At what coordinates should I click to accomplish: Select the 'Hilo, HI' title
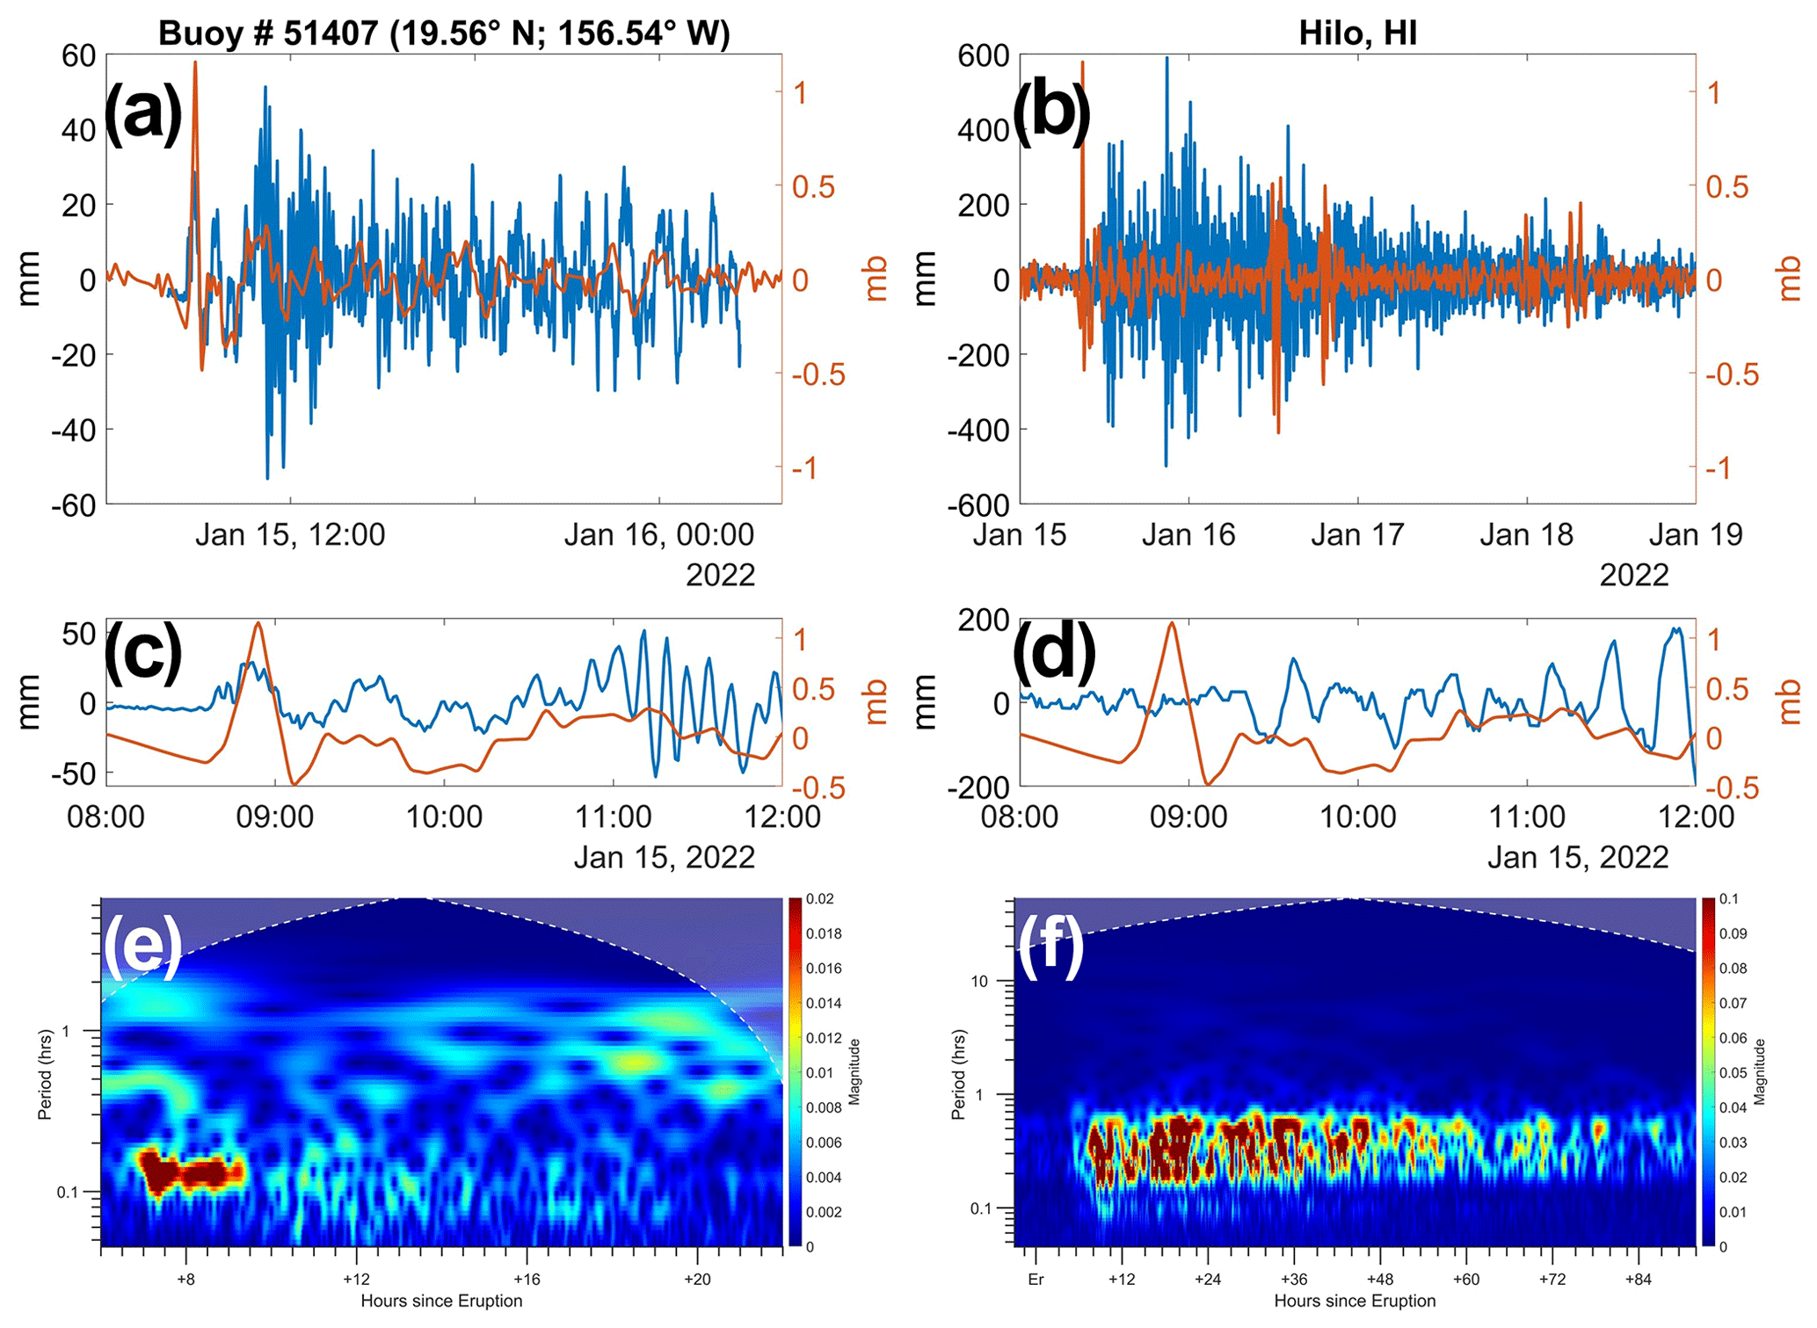1357,33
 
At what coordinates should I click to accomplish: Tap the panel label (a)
143,112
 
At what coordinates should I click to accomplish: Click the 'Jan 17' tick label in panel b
1357,534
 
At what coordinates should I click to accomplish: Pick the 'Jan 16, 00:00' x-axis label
659,534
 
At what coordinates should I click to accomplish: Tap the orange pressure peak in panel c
258,624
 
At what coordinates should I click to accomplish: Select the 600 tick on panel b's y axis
982,55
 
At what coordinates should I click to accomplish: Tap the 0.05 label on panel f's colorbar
1733,1072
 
